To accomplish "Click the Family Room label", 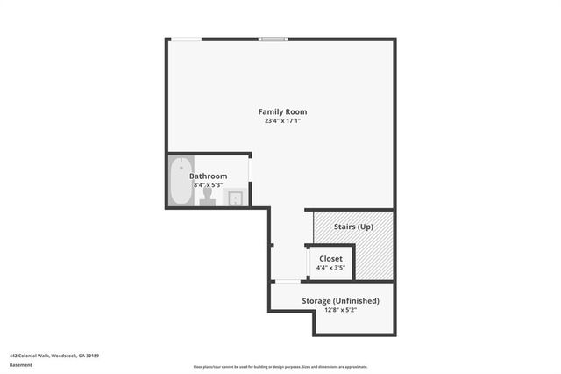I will pos(281,111).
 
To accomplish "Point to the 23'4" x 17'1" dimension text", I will pos(281,121).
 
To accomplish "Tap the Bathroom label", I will pos(208,176).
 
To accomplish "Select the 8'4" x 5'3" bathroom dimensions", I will pos(208,184).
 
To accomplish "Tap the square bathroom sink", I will pos(236,198).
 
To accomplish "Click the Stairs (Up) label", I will pos(353,227).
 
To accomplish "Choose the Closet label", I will pos(330,258).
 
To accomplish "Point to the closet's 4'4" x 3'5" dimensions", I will pos(330,267).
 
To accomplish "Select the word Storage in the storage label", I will pos(318,301).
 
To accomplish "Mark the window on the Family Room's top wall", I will pos(273,39).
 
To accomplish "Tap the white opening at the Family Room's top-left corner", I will pos(184,39).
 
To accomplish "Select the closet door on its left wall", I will pos(307,262).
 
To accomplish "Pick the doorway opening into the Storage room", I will pos(287,281).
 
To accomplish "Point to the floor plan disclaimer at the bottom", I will pos(280,367).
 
